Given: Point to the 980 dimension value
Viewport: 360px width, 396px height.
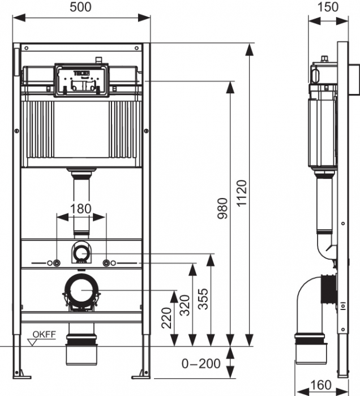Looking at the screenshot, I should [222, 210].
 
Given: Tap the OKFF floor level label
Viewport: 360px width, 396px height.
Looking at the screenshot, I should [44, 333].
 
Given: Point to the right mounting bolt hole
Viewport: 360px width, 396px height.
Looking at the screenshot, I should [106, 263].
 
